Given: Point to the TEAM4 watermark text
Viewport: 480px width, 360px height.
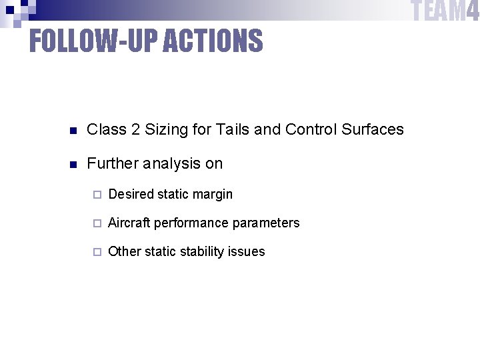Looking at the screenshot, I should (x=445, y=11).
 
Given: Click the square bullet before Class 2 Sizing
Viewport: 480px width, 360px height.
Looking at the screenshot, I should (x=74, y=130).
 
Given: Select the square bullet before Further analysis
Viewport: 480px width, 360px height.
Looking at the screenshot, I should (x=74, y=164).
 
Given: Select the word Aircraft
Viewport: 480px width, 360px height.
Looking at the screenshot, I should (x=129, y=223).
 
